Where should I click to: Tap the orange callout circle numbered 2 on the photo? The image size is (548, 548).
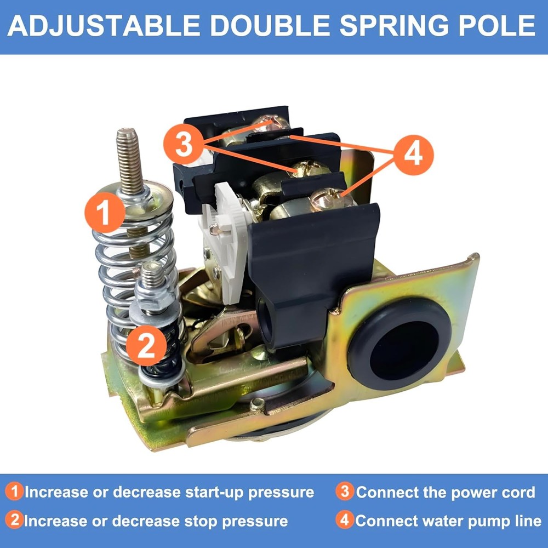(146, 346)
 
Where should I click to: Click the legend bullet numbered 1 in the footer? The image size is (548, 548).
(16, 492)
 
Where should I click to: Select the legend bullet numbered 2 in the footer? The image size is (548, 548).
(16, 520)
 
